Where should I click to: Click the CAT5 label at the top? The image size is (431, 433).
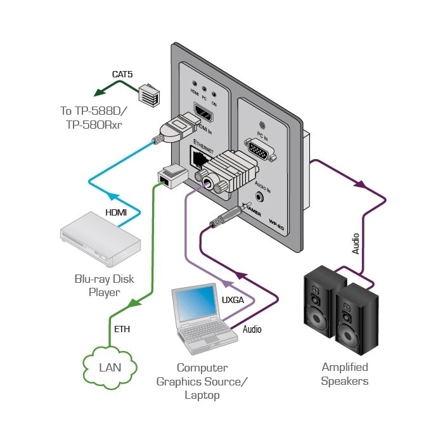point(122,74)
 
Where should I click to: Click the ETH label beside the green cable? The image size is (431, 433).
point(122,329)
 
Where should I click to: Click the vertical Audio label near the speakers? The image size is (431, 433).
point(356,244)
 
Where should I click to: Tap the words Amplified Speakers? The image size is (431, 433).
point(344,374)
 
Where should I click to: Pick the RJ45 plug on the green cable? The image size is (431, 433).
point(170,174)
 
